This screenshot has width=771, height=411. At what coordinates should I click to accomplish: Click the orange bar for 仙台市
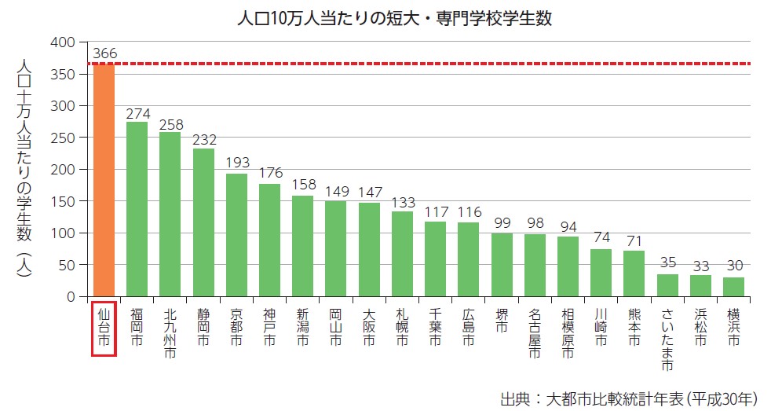(104, 181)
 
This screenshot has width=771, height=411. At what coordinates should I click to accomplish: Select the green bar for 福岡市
(137, 210)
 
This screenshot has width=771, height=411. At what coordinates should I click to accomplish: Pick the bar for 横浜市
(733, 288)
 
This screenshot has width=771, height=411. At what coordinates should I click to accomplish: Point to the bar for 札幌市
(403, 255)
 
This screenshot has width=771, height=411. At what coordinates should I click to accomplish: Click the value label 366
(104, 53)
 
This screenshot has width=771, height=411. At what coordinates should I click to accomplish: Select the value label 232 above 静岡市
(204, 139)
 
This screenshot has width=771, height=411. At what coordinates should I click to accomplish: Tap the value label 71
(634, 241)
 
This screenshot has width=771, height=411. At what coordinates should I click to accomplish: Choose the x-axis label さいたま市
(667, 338)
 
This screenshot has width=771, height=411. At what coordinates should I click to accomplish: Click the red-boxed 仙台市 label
(104, 328)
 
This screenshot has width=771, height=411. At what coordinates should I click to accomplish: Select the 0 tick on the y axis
(70, 297)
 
